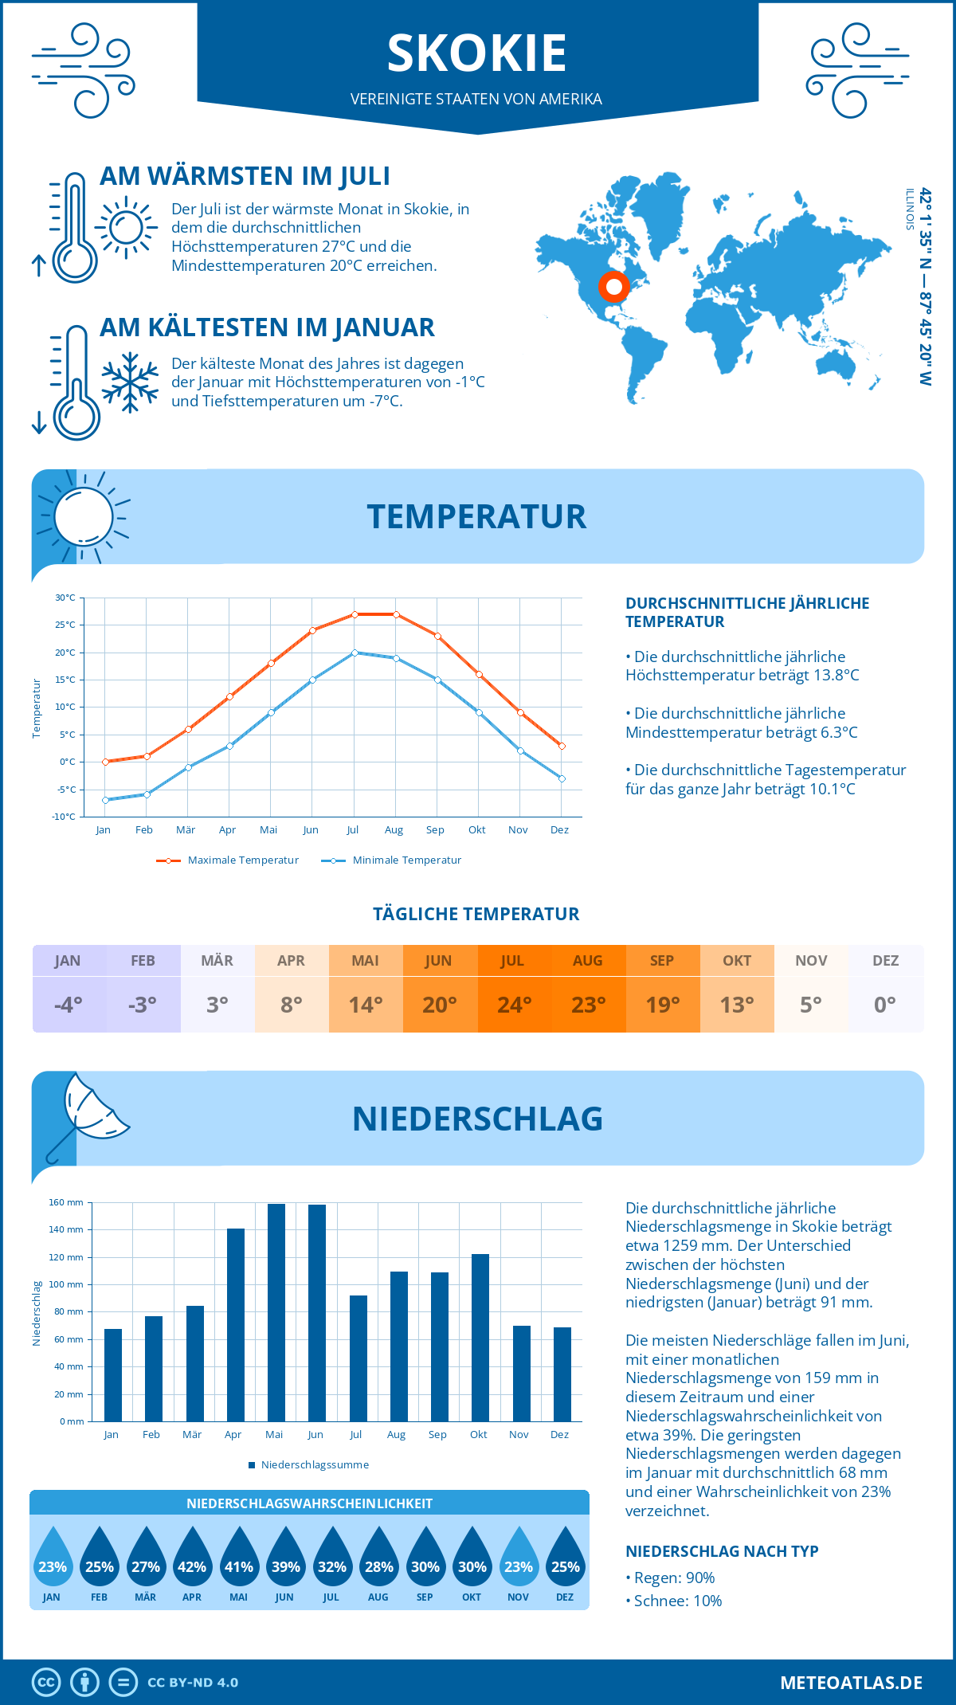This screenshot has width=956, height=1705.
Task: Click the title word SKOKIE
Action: point(476,53)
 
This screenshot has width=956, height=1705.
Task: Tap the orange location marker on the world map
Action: point(613,286)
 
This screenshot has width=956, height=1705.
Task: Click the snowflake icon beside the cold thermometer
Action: point(130,382)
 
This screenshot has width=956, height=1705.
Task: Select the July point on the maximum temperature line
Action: point(355,614)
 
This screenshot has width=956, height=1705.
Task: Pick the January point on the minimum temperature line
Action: point(105,800)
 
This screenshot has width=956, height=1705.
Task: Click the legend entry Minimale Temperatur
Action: point(406,860)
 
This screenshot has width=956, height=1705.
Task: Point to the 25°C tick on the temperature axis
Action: point(65,625)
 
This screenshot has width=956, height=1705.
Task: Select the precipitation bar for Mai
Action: point(276,1312)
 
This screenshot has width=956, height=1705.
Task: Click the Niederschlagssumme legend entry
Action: point(314,1465)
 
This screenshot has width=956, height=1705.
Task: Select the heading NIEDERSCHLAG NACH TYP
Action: point(722,1551)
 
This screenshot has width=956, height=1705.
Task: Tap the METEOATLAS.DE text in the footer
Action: point(851,1683)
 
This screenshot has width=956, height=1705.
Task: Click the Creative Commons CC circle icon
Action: point(46,1683)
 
